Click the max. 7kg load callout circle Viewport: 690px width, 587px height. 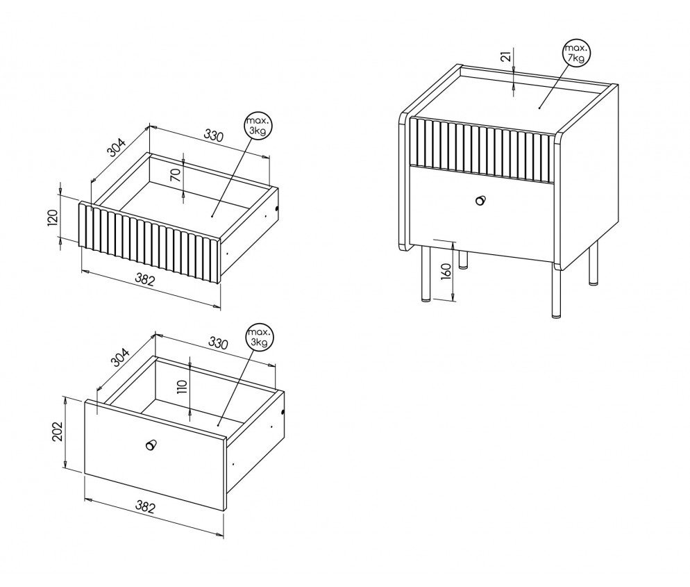[x=576, y=53]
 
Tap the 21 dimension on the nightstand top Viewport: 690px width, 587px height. [x=507, y=56]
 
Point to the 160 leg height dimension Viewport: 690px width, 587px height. [x=446, y=271]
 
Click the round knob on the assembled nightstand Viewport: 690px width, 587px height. [x=480, y=200]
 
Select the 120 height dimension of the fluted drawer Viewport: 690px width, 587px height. [x=52, y=218]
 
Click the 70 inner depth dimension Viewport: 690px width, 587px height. [x=176, y=176]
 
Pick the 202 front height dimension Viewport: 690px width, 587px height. [x=57, y=432]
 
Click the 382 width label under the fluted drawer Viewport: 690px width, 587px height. [x=145, y=279]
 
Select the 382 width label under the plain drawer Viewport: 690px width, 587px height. [x=145, y=507]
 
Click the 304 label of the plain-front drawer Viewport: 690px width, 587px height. [x=119, y=358]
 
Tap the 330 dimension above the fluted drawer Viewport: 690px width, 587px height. [x=213, y=135]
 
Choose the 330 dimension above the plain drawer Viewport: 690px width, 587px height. [x=218, y=342]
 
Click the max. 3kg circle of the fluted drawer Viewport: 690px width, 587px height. [x=258, y=126]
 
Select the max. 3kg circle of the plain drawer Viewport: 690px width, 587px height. [x=259, y=338]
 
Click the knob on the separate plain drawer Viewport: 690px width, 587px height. [x=151, y=445]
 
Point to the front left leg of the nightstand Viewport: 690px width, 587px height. [x=426, y=274]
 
